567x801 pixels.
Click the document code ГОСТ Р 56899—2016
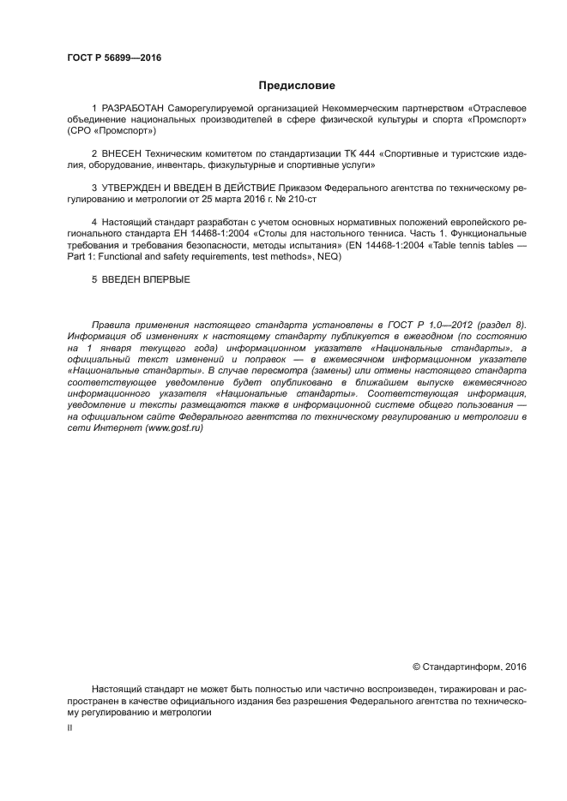(x=114, y=58)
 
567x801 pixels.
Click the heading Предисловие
(x=298, y=86)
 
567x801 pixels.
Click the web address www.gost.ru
(x=174, y=427)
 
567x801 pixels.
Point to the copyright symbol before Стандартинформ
(x=417, y=667)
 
